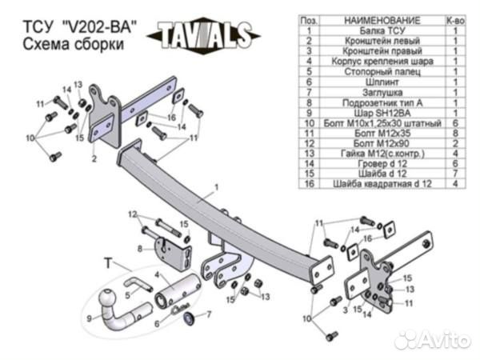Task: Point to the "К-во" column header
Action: [x=454, y=18]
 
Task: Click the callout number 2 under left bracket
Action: [x=94, y=160]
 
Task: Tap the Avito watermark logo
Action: [x=432, y=338]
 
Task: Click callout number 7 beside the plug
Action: [x=209, y=314]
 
